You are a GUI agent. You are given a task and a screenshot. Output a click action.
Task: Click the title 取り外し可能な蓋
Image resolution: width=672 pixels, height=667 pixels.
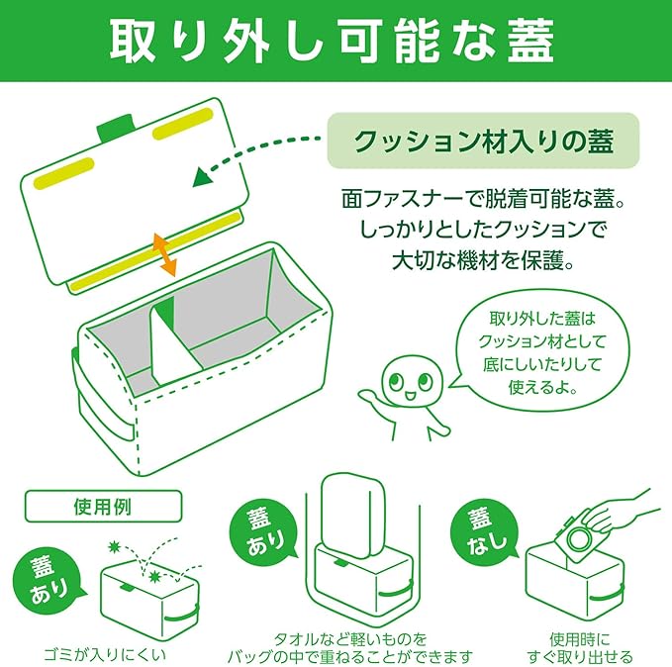335,41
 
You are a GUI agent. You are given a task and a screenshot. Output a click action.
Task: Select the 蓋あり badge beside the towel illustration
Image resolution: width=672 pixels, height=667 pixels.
259,530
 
